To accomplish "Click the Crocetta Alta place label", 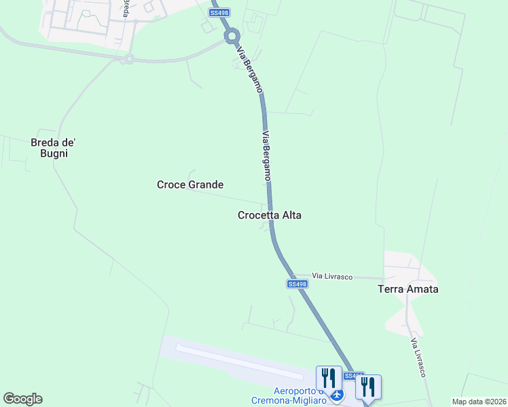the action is tap(269, 215).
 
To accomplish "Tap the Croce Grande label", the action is tap(190, 185).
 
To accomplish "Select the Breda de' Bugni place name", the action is tap(53, 148).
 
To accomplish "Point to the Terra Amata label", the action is tap(407, 289).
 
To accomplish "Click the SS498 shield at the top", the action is tap(219, 12).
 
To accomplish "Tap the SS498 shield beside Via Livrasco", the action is tap(297, 284).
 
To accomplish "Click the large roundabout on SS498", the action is tap(232, 35).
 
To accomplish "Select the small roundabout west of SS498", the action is tap(128, 59).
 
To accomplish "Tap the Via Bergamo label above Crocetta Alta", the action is tap(267, 155).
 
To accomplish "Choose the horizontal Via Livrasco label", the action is tap(332, 275).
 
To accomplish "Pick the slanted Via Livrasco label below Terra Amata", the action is tap(418, 357).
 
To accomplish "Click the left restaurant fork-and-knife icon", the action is tap(329, 379).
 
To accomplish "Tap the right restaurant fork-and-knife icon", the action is tap(368, 387).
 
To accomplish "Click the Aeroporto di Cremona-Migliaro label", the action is tap(300, 395).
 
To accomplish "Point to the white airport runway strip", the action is tap(238, 360).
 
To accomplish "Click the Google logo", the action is tap(22, 399).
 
